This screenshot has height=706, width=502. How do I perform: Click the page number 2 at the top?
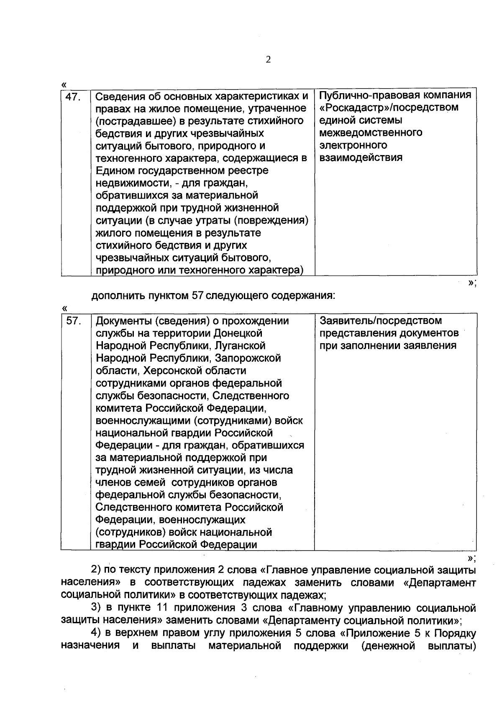coord(268,60)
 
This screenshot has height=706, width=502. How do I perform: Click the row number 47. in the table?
coord(73,97)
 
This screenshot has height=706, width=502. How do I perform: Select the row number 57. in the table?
coord(73,321)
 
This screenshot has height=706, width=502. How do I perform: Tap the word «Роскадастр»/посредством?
coord(389,108)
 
